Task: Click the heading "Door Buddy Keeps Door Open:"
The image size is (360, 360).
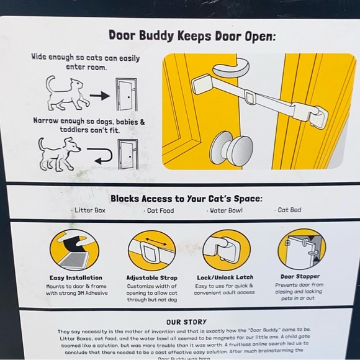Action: (x=192, y=35)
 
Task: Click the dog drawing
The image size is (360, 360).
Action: (x=60, y=153)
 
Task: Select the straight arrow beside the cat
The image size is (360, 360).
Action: (x=99, y=96)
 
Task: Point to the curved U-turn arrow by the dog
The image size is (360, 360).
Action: (x=102, y=155)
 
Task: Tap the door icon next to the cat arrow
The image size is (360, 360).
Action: (x=127, y=94)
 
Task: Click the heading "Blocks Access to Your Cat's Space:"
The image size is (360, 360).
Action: (x=186, y=199)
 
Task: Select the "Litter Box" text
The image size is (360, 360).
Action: (x=91, y=210)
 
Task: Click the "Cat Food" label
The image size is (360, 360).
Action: (x=160, y=210)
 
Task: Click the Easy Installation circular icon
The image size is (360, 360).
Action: (x=74, y=249)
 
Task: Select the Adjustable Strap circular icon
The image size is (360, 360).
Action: (x=151, y=250)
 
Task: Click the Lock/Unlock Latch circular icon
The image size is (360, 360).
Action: (x=226, y=250)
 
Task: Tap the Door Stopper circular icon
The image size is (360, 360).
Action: (x=301, y=249)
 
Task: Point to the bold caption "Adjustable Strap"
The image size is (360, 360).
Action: (x=151, y=277)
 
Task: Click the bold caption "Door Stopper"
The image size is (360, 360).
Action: (x=300, y=276)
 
